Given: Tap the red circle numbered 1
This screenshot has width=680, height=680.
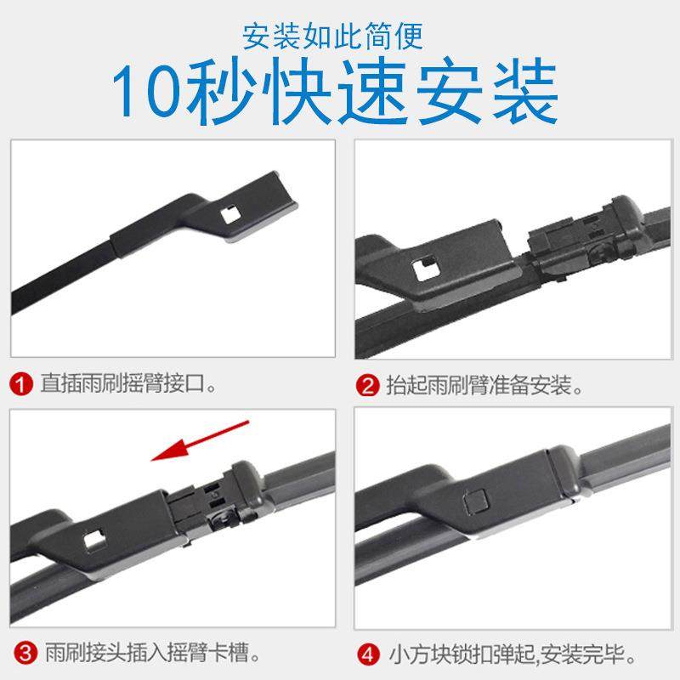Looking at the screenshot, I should coord(22,384).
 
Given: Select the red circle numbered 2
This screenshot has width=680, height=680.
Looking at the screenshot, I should coord(367,384).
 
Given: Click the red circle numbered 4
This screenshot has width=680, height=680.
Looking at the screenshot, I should coord(367,654).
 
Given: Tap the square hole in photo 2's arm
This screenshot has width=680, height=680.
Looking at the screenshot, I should coord(422,271).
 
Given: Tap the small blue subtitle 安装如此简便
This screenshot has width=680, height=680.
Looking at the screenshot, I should coord(332,36).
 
